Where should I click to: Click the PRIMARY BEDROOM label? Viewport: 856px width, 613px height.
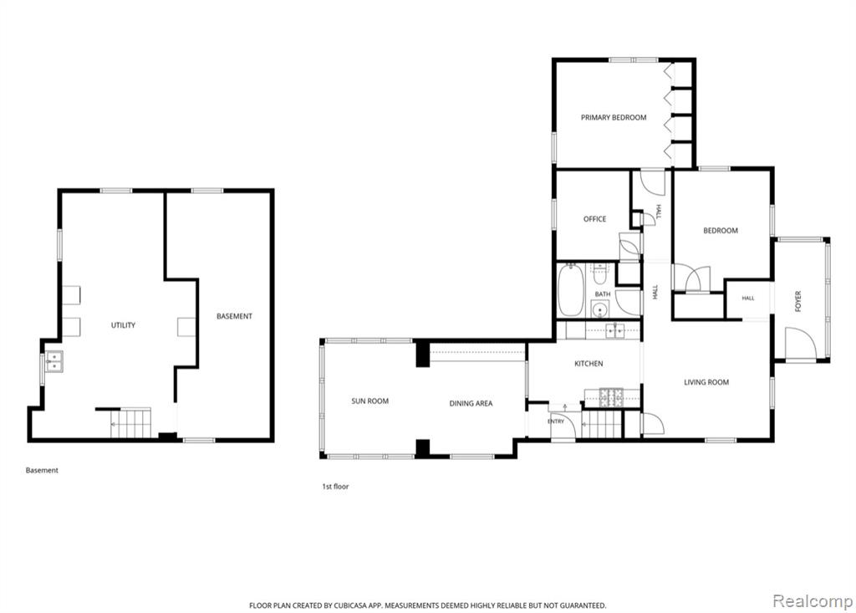click(x=613, y=117)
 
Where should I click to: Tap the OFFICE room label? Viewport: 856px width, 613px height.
click(x=594, y=219)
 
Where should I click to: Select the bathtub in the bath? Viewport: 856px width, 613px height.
click(x=571, y=289)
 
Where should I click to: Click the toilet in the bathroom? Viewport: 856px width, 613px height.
click(x=600, y=275)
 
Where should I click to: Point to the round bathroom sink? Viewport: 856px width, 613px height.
click(x=600, y=309)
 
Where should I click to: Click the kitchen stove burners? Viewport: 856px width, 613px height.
click(x=611, y=397)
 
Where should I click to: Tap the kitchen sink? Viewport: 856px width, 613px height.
click(x=615, y=330)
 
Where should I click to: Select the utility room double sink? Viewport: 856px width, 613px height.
click(x=53, y=361)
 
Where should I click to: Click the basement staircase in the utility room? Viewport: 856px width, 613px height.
click(x=130, y=423)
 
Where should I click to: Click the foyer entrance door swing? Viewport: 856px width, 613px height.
click(x=800, y=343)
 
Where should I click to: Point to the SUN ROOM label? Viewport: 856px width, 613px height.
click(x=369, y=401)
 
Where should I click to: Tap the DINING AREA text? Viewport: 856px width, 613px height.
click(x=471, y=403)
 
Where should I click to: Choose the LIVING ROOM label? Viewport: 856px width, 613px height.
click(x=706, y=382)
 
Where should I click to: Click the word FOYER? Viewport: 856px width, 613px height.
click(x=798, y=302)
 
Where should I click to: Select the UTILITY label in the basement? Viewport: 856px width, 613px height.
click(x=123, y=325)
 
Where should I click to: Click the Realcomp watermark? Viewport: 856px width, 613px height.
click(x=813, y=601)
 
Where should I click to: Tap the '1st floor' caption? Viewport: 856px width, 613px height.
click(x=335, y=486)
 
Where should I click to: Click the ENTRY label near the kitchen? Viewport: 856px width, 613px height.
click(x=556, y=421)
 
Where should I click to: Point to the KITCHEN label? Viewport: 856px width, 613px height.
click(x=588, y=363)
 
